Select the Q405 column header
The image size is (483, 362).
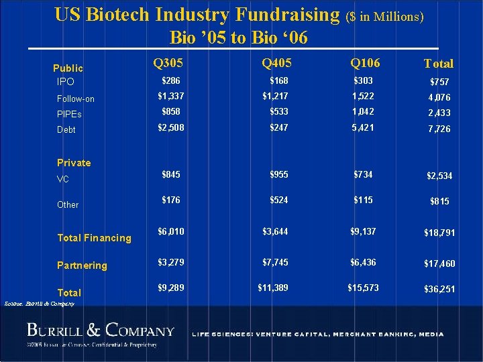pyautogui.click(x=277, y=64)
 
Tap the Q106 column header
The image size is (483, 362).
pyautogui.click(x=365, y=63)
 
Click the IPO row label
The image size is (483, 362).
pyautogui.click(x=66, y=82)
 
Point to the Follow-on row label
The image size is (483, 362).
pyautogui.click(x=76, y=99)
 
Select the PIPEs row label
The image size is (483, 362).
pyautogui.click(x=69, y=115)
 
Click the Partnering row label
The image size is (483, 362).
pyautogui.click(x=82, y=265)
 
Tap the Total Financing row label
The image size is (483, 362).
pyautogui.click(x=95, y=237)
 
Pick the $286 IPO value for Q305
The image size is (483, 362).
pyautogui.click(x=171, y=80)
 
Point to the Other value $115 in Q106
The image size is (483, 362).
pyautogui.click(x=364, y=200)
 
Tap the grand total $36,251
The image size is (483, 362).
pyautogui.click(x=439, y=290)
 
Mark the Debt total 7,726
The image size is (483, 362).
pyautogui.click(x=440, y=129)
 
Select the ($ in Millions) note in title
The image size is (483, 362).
pyautogui.click(x=385, y=16)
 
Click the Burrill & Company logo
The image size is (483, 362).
pyautogui.click(x=101, y=330)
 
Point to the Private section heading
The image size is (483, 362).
pyautogui.click(x=74, y=162)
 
